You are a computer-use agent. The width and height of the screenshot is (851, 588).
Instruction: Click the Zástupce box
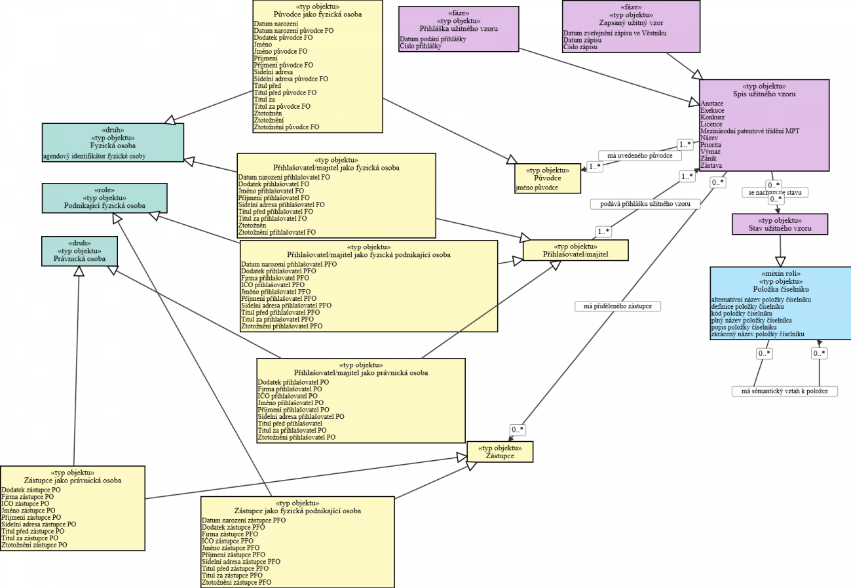coord(499,451)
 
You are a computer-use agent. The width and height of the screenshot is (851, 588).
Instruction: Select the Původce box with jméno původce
coord(548,178)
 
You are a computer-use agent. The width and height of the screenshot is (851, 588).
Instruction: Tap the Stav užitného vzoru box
coord(780,224)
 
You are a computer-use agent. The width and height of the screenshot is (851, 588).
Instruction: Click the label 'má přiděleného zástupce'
coord(617,305)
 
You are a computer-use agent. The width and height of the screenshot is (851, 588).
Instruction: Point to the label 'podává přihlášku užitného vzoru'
coord(645,204)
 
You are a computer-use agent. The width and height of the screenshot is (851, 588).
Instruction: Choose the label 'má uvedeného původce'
coord(639,155)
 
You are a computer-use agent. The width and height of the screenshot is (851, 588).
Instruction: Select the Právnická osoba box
coord(79,250)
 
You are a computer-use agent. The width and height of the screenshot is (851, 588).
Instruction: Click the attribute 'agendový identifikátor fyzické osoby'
coord(94,156)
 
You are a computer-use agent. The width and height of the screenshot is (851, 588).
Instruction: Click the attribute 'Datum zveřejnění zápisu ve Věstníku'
coord(615,33)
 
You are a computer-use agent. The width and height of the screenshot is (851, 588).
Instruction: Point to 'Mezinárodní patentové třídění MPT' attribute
coord(749,131)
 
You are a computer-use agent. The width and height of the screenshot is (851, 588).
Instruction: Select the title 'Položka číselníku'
coord(780,289)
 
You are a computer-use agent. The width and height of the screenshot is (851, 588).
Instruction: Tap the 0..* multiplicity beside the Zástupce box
coord(518,430)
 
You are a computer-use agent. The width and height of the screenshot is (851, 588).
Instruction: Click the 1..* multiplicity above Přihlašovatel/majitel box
coord(603,231)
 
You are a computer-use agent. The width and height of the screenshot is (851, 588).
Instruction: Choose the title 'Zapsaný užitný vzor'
coord(630,22)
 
